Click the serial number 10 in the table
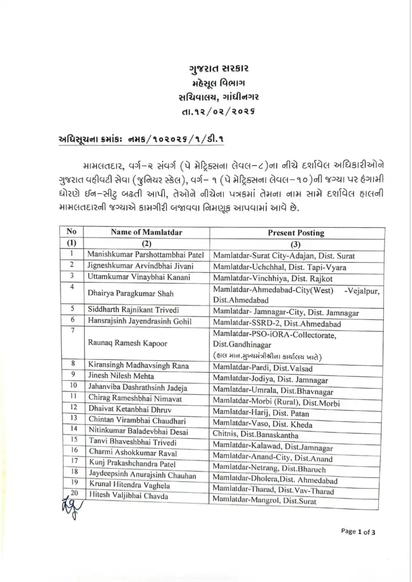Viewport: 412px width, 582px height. coord(73,386)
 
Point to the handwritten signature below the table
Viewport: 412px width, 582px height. coord(67,506)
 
